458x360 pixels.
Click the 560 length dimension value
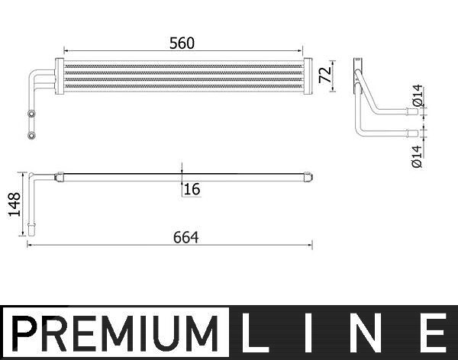[182, 43]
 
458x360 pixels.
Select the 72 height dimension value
[325, 75]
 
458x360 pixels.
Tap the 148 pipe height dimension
[15, 204]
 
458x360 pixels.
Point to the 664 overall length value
[185, 237]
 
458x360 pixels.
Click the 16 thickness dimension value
[192, 189]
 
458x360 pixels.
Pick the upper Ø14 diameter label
[418, 95]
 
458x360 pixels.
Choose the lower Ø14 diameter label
[417, 156]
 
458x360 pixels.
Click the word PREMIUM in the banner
[115, 333]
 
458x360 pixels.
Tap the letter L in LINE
[250, 333]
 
